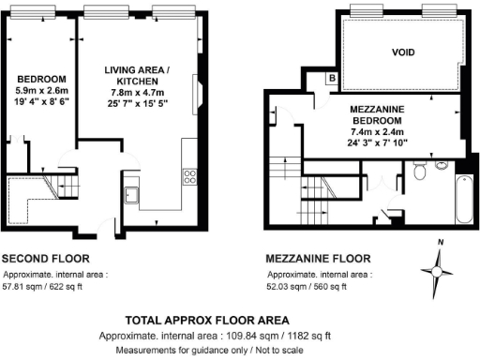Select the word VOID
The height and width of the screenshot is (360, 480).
[402, 52]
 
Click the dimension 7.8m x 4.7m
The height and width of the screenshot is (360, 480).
[137, 93]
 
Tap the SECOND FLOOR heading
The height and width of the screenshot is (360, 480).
[46, 259]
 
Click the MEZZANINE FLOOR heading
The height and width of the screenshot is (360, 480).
[317, 259]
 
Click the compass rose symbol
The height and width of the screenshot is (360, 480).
[435, 273]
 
